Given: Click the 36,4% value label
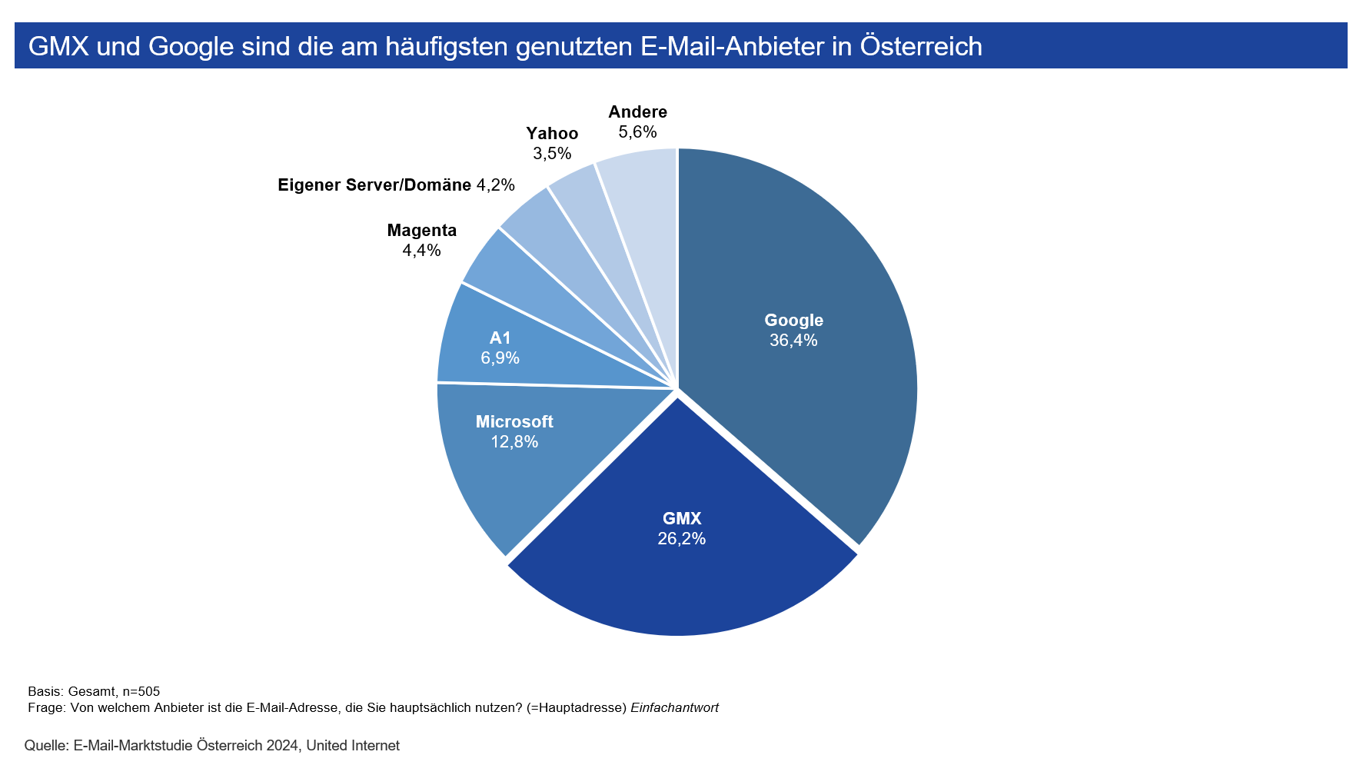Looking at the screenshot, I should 793,341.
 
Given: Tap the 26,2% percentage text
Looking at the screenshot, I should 681,539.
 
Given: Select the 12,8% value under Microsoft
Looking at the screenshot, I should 514,442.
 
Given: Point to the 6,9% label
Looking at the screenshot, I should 500,358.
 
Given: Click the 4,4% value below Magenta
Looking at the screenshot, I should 421,251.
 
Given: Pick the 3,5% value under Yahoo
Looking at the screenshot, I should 552,154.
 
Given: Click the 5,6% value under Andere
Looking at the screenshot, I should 637,132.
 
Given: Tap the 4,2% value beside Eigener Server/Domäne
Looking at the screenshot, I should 495,185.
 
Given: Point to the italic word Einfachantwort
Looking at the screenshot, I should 674,707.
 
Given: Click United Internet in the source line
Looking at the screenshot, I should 353,745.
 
